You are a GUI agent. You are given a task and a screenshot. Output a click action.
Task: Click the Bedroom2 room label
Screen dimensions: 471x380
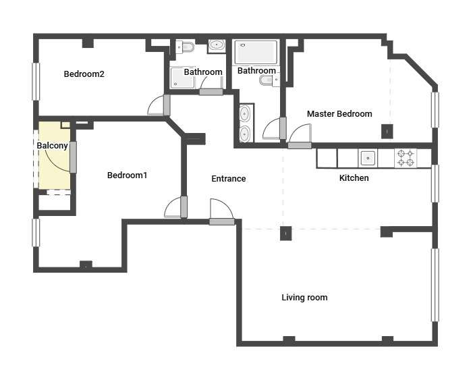(84, 74)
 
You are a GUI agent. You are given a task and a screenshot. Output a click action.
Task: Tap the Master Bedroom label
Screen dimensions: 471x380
(339, 114)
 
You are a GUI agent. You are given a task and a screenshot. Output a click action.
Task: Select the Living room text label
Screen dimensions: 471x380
(304, 298)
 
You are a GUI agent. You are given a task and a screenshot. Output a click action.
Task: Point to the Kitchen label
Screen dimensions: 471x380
(354, 178)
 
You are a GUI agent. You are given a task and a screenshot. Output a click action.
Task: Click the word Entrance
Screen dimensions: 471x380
(229, 179)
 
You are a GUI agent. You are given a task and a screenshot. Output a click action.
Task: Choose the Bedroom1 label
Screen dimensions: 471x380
(127, 175)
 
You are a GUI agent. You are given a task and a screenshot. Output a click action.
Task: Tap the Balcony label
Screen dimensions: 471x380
(52, 146)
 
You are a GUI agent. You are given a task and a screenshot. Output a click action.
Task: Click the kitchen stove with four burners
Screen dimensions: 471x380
(406, 158)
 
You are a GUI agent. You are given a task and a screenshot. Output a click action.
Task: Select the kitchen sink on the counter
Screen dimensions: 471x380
(368, 158)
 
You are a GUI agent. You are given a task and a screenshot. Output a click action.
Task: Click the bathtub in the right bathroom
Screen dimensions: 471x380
(256, 52)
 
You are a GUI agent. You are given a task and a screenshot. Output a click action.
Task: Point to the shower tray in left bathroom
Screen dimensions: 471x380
(182, 78)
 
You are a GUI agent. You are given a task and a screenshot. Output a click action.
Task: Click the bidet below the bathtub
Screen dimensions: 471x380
(269, 80)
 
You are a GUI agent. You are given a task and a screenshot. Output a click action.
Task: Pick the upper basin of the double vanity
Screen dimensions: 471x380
(245, 113)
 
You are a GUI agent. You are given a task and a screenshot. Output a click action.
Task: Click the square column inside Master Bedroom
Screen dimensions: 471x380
(387, 132)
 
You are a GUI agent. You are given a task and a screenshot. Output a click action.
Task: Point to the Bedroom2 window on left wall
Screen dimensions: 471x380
(36, 82)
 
